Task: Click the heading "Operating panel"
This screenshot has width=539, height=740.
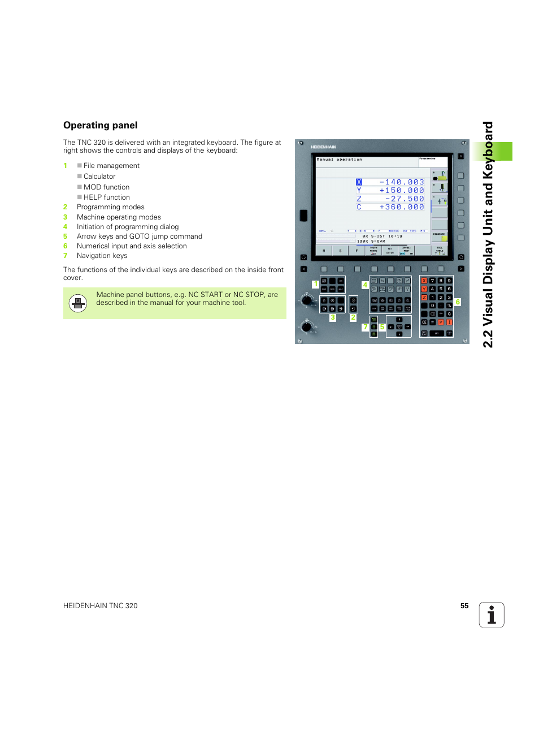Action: tap(101, 126)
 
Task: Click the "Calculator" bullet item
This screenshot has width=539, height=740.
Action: tap(99, 177)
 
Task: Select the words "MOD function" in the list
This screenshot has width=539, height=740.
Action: tap(106, 187)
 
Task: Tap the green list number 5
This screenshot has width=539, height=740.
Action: tap(66, 236)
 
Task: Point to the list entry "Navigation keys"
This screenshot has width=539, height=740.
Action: tap(102, 256)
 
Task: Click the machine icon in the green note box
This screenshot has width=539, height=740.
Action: tap(78, 303)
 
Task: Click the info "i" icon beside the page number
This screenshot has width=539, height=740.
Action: tap(492, 615)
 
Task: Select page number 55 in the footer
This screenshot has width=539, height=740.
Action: tap(464, 606)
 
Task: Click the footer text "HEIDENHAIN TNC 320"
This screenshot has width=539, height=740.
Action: tap(101, 606)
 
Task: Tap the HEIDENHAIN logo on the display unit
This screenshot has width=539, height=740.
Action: tap(323, 147)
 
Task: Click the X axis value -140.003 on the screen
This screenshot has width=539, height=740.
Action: tap(402, 182)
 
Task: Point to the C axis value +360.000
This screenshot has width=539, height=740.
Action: tap(402, 207)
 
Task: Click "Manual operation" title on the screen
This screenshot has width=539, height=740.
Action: tap(339, 160)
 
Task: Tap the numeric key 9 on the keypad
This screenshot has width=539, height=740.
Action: tap(449, 281)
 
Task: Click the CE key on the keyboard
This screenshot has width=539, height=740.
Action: tap(424, 322)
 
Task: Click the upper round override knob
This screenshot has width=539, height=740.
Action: tap(307, 299)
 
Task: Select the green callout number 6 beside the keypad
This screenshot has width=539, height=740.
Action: tap(458, 302)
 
